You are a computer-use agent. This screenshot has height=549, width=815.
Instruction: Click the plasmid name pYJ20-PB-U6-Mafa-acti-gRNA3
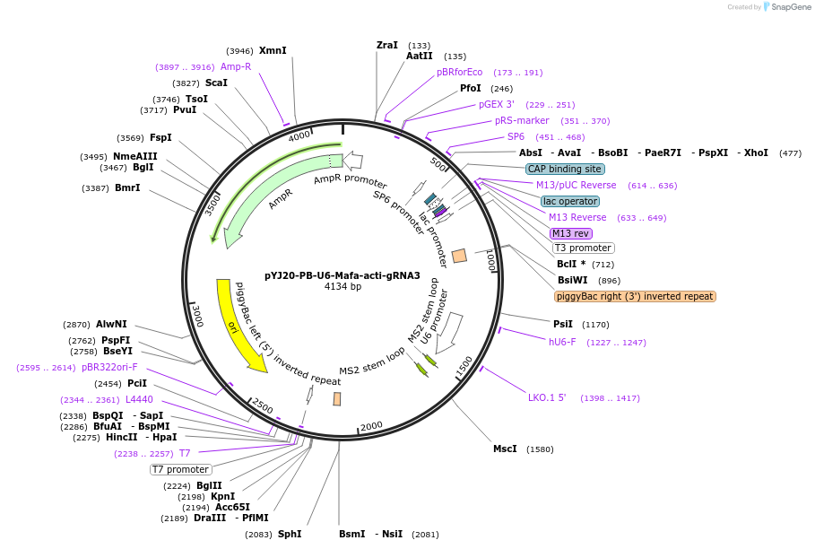tap(342, 275)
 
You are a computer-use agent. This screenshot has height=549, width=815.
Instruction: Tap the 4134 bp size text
tap(342, 287)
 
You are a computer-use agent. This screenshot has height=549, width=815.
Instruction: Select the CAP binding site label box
tap(565, 169)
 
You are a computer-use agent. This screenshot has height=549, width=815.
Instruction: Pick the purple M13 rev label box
tap(571, 233)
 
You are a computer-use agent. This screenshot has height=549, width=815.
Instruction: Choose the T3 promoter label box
tap(583, 248)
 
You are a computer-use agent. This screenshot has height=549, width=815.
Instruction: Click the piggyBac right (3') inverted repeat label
tap(635, 296)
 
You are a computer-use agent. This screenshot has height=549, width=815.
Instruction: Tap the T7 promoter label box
tap(180, 469)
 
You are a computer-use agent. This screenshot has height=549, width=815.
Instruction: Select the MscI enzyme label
tap(505, 449)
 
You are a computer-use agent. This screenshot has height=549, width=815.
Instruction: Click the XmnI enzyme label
tap(273, 51)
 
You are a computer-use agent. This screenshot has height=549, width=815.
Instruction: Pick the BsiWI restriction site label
tap(571, 280)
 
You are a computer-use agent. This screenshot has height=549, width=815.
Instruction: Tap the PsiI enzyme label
tap(562, 324)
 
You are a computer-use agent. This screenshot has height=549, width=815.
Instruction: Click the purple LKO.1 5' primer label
tap(547, 397)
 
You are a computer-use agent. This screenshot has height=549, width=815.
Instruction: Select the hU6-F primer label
tap(562, 342)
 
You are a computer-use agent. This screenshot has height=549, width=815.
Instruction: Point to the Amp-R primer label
tap(236, 66)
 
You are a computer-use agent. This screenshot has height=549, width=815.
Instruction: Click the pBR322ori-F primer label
tap(109, 367)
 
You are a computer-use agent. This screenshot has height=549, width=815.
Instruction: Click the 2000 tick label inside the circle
tap(371, 426)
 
